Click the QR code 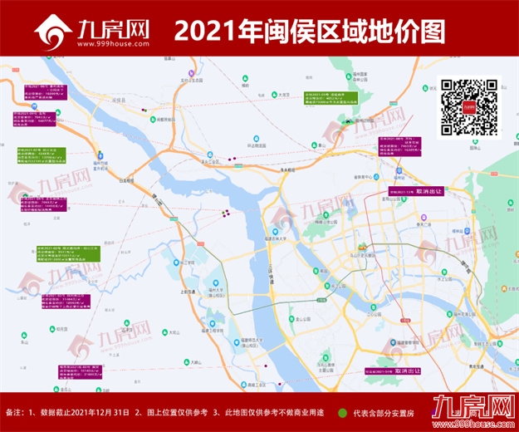469,107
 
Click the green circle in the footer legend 343,412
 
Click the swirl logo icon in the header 51,32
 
